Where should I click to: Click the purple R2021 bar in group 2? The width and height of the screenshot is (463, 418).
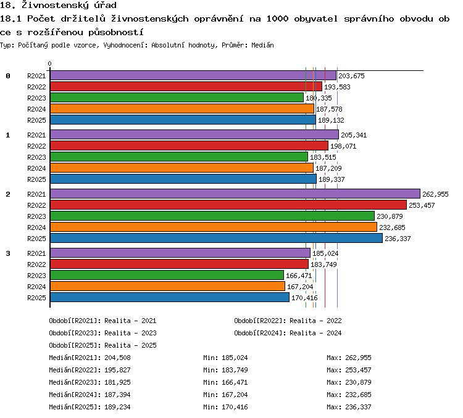235,194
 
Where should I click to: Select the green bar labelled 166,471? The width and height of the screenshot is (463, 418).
167,275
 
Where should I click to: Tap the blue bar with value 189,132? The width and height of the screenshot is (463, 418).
183,120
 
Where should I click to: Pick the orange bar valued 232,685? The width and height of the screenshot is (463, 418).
214,227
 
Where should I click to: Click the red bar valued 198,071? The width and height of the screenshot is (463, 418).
189,145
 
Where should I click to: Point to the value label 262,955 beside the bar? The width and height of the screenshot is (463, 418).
435,194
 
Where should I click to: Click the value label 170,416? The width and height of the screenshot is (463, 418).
304,298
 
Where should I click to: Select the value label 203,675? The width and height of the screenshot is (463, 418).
351,76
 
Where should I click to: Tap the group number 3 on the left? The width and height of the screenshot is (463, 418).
8,253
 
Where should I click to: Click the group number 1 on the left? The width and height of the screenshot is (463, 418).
8,135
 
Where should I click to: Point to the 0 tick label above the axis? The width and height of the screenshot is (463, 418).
49,64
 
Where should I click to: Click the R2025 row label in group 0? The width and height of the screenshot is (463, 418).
36,120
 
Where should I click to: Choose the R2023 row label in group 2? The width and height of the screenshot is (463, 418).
36,216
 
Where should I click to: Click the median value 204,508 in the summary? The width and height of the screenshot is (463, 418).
117,358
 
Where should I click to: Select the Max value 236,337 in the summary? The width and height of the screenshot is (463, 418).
358,407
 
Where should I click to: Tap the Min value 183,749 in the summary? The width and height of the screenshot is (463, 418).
235,370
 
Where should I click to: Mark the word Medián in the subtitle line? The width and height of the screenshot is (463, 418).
262,45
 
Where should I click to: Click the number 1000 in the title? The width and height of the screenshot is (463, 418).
277,19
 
